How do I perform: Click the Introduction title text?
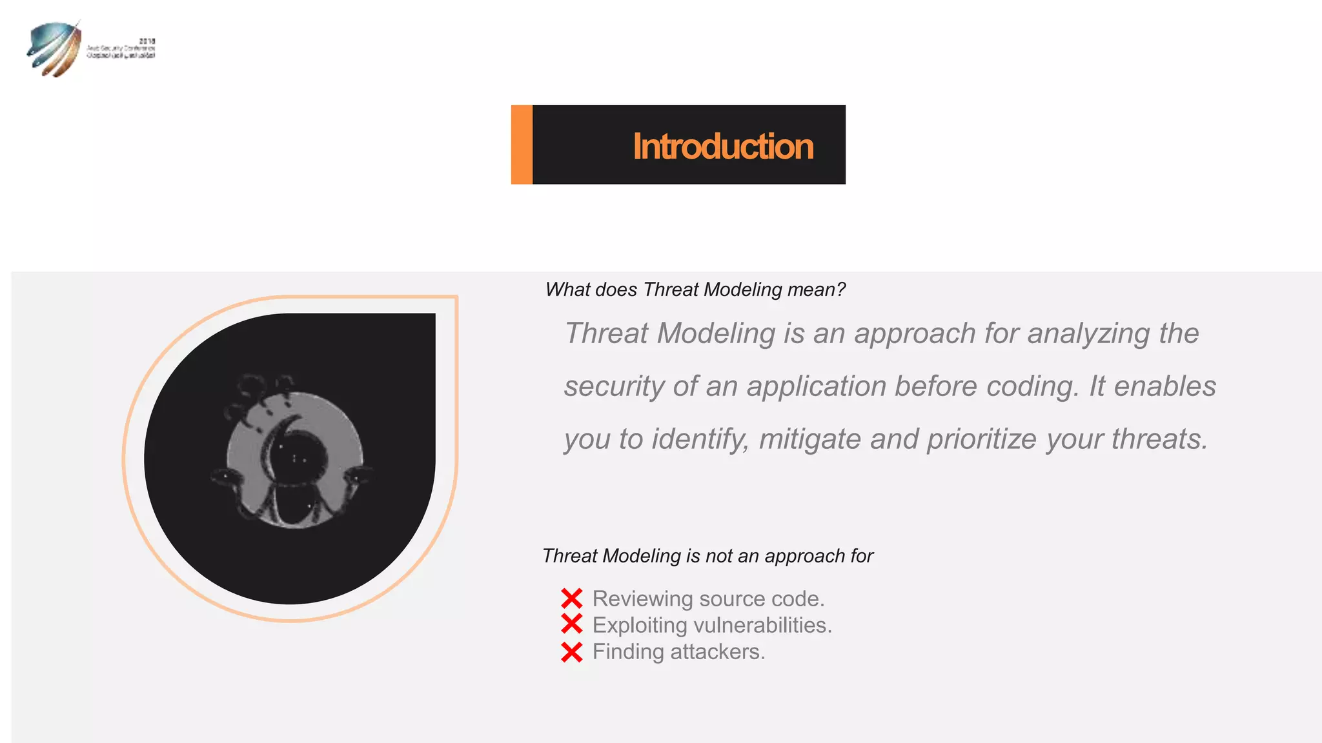tap(722, 146)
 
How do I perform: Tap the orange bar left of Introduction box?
tap(522, 144)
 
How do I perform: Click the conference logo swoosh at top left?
tap(53, 49)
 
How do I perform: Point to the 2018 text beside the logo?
tap(147, 41)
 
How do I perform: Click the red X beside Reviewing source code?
tap(572, 599)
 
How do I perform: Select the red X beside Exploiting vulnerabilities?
tap(572, 624)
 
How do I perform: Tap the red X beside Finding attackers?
tap(572, 652)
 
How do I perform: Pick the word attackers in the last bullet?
tap(718, 652)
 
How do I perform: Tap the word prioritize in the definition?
tap(982, 440)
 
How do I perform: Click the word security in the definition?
tap(614, 387)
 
